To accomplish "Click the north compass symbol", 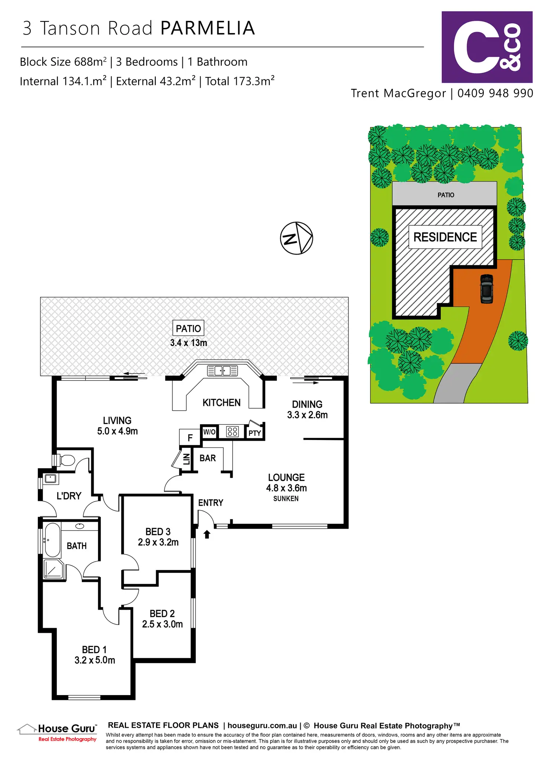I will (296, 238).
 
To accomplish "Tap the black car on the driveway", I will (486, 288).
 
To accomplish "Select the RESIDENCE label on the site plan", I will (445, 237).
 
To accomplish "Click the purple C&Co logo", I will (487, 47).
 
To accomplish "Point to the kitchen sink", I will (222, 371).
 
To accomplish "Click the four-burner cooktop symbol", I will (232, 431).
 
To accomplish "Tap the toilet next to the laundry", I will (67, 460).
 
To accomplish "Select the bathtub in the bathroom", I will (52, 540).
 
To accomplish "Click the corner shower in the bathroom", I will (54, 569).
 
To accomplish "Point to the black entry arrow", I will (207, 534).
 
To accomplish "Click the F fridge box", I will (190, 438).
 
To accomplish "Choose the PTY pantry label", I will (255, 433).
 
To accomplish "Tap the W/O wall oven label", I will (209, 432).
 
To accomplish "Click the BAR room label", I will (207, 458).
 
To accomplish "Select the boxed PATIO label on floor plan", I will (188, 329).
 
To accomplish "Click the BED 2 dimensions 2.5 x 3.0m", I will (162, 624).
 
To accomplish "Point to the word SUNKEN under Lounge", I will (286, 499).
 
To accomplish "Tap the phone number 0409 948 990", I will (495, 93).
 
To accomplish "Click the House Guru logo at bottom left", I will (58, 733).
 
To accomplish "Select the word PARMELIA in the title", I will (208, 28).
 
